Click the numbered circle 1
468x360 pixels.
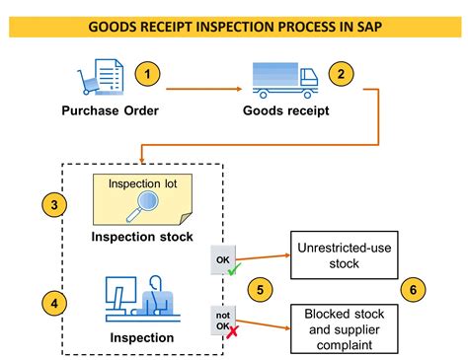click(x=146, y=74)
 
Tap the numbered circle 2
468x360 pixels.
click(x=342, y=74)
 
